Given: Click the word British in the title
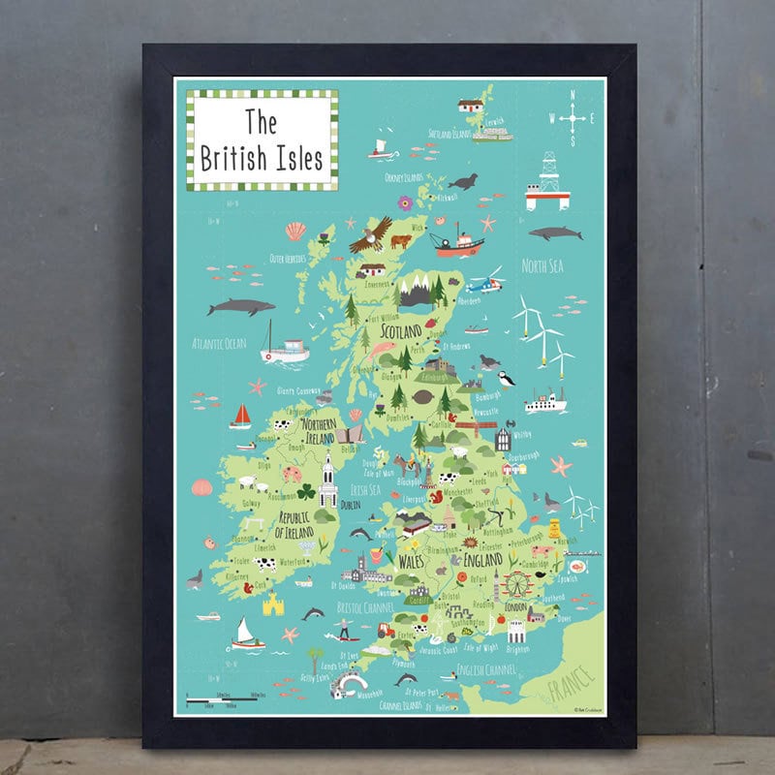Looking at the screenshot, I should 228,157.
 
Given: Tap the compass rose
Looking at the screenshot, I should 573,119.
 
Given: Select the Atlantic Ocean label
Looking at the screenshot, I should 219,343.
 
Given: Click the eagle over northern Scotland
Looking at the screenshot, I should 371,234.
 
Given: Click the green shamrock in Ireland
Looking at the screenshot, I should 306,492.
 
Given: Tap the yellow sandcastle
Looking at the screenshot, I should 273,604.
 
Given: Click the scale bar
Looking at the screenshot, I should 222,698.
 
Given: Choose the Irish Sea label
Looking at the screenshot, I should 364,489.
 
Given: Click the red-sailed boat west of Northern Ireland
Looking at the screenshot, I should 240,416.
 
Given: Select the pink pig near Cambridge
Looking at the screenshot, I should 542,551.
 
